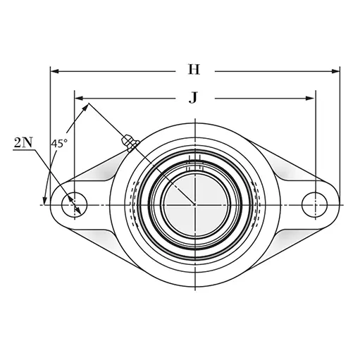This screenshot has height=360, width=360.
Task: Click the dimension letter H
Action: [194, 70]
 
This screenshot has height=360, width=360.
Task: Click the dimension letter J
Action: [193, 97]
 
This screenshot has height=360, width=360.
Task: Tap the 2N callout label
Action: [23, 142]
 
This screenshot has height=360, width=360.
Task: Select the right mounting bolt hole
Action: [314, 204]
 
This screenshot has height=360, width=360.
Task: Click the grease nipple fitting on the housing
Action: [130, 142]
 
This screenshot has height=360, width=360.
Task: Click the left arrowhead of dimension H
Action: [55, 71]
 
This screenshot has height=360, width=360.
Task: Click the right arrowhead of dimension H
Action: [335, 71]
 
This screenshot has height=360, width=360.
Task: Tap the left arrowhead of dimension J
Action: [79, 98]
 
